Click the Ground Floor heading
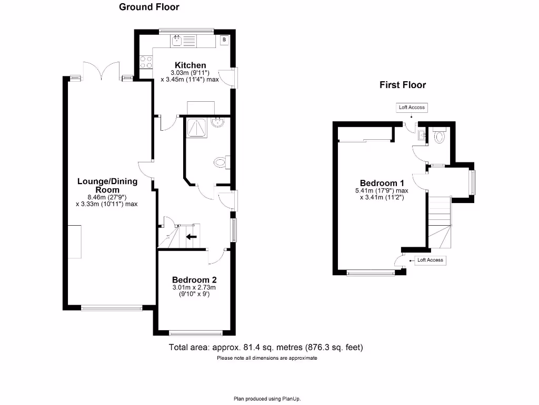149,7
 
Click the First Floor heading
403,85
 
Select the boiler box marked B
224,40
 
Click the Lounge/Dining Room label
107,185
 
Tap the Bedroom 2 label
195,280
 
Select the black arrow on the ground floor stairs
192,237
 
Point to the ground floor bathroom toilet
221,162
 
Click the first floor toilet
440,137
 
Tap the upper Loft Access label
412,108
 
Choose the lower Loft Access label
430,260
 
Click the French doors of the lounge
102,71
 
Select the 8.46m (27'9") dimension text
107,197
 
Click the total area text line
266,347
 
